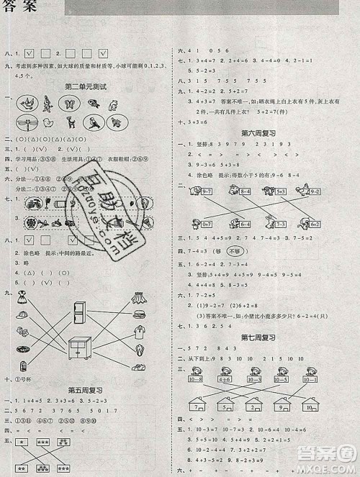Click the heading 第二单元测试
(x=86, y=87)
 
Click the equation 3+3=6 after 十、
(x=197, y=123)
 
